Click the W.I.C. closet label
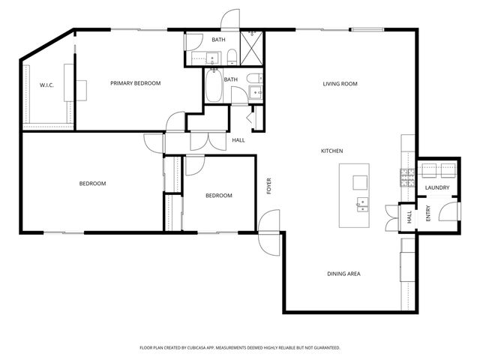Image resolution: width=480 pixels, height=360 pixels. tap(46, 85)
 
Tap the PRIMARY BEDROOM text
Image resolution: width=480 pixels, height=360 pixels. tap(136, 83)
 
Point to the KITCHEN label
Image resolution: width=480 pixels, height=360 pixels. tap(332, 151)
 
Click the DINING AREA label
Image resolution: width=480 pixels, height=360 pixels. tap(343, 274)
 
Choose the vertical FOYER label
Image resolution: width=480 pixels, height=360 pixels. tap(268, 186)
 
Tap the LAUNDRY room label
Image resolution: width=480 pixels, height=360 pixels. tap(436, 187)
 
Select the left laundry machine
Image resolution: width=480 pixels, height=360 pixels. tap(427, 169)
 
